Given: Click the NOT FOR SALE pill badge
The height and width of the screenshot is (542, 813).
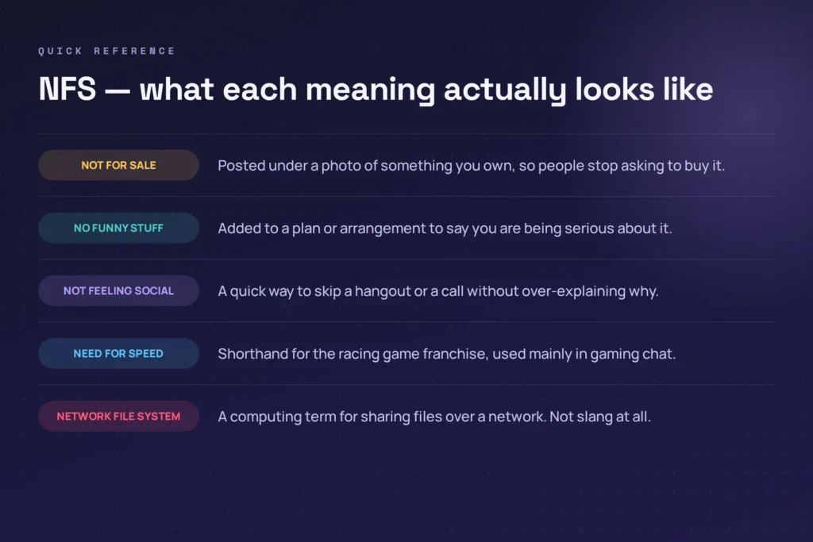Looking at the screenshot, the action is point(119,165).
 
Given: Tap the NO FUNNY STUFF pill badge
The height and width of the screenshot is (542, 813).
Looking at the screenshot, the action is point(119,228).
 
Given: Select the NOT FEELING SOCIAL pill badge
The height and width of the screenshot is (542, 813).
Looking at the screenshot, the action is point(119,290).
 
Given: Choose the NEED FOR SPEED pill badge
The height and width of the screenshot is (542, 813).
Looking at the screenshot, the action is point(119,353).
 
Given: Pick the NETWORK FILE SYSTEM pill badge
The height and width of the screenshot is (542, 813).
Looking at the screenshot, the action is point(119,416).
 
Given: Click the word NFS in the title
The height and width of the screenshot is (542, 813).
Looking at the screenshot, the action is point(67,89).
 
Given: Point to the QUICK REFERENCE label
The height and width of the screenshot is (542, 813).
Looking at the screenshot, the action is point(107,51).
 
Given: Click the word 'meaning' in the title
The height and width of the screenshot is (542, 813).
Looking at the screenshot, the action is point(370,90).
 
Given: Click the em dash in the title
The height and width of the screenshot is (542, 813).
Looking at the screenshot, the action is point(118,91).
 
